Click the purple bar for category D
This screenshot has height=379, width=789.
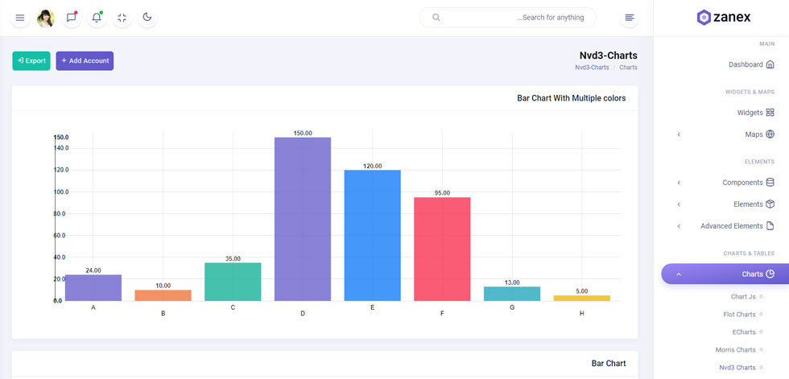pos(303,219)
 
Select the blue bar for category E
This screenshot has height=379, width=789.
pos(372,235)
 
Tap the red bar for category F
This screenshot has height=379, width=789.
pos(442,249)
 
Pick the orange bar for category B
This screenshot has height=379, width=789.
pos(163,295)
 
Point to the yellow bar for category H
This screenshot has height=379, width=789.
pos(581,298)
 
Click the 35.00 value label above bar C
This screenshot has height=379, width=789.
pos(233,259)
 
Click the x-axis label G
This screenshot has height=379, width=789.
pos(512,307)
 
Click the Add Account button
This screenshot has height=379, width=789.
pos(85,61)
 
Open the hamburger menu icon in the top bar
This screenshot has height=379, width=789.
pos(20,18)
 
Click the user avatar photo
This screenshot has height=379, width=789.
pos(46,18)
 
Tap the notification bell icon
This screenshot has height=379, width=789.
pos(97,18)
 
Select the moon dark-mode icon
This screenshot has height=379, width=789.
pos(147,18)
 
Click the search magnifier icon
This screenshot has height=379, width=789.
pos(436,18)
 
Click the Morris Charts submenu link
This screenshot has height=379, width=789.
pos(735,350)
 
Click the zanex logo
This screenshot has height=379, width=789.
pos(724,18)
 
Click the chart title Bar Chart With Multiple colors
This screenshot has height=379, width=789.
pos(571,98)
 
